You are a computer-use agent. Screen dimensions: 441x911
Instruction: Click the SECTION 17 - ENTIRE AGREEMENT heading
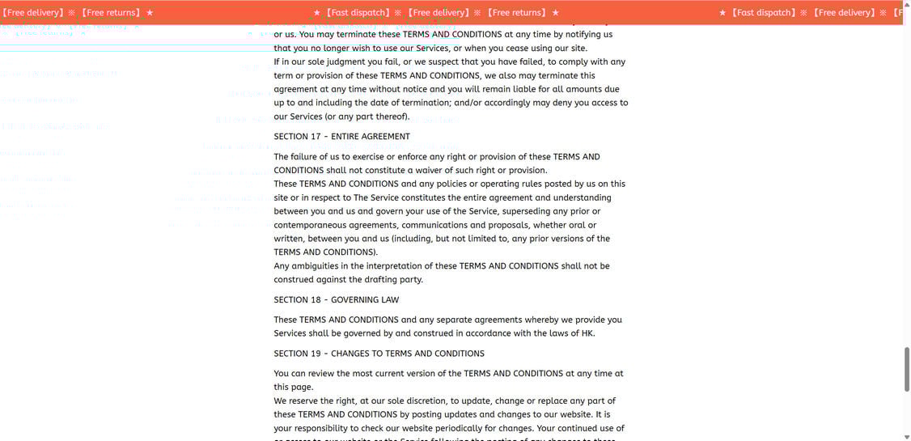coord(341,137)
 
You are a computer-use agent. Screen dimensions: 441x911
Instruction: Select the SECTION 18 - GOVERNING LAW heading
coord(336,300)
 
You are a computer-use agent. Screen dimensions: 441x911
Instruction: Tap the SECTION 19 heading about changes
coord(379,354)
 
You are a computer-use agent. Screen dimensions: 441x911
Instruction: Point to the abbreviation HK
coord(587,333)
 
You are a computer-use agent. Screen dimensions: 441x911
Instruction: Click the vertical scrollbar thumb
coord(906,368)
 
